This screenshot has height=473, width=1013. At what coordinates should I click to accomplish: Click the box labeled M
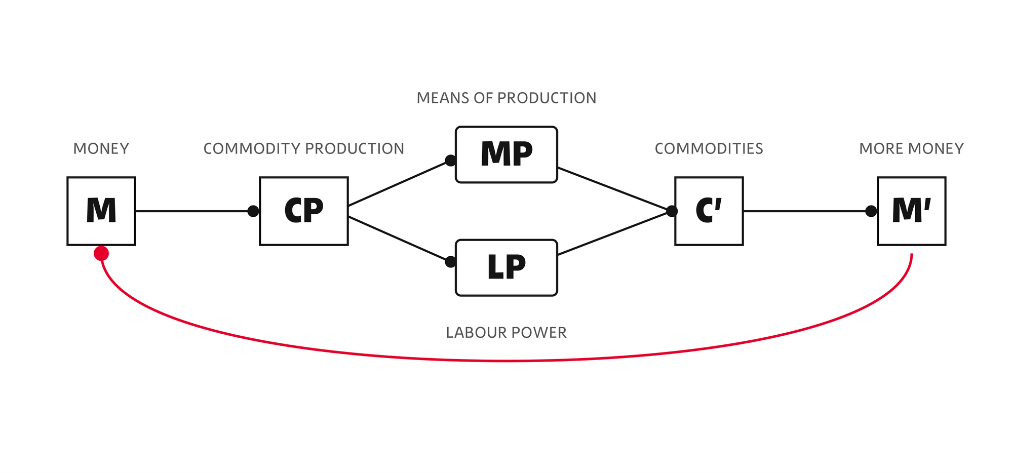(x=101, y=211)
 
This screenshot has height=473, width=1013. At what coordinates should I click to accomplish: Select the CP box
(x=304, y=211)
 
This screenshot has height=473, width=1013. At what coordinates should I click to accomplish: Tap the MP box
(x=506, y=154)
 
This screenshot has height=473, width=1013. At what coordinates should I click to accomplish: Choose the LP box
(x=506, y=268)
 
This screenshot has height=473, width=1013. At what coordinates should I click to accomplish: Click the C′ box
(x=709, y=211)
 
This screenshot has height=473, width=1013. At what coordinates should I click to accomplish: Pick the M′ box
(x=912, y=211)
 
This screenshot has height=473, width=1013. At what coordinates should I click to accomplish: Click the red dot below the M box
(x=101, y=253)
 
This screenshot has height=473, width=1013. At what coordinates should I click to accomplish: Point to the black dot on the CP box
(x=253, y=211)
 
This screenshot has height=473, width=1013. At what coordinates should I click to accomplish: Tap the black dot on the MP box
(x=450, y=161)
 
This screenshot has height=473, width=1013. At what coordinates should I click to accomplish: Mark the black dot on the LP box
(x=450, y=262)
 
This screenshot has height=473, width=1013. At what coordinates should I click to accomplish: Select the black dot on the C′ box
(x=672, y=211)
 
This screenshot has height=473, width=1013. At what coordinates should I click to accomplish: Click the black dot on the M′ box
(x=871, y=211)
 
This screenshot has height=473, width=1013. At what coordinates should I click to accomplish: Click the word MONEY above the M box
(x=101, y=148)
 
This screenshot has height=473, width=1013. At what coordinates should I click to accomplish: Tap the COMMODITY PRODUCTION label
(x=304, y=148)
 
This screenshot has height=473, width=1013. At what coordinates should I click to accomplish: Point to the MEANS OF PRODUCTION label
(x=506, y=98)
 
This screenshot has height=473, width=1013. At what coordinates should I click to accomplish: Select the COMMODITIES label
(x=709, y=148)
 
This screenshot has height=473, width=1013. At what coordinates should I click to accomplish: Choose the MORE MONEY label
(x=912, y=148)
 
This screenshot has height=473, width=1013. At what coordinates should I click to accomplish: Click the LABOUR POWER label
(x=506, y=332)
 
